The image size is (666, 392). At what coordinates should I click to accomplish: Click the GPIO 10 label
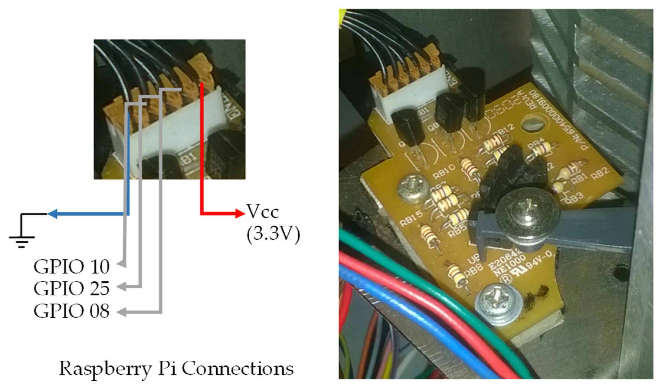click(x=71, y=267)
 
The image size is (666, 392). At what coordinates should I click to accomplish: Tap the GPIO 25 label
click(x=71, y=289)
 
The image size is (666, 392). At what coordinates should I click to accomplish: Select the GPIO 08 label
click(x=71, y=311)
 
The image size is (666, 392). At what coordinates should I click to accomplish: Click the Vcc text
click(x=262, y=212)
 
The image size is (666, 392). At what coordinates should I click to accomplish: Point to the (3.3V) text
click(x=273, y=235)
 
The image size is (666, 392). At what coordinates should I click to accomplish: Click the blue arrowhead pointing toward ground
click(x=53, y=214)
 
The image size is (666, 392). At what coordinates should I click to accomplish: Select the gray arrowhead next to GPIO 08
click(x=122, y=312)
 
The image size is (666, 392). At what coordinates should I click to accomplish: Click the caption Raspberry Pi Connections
click(x=176, y=369)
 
